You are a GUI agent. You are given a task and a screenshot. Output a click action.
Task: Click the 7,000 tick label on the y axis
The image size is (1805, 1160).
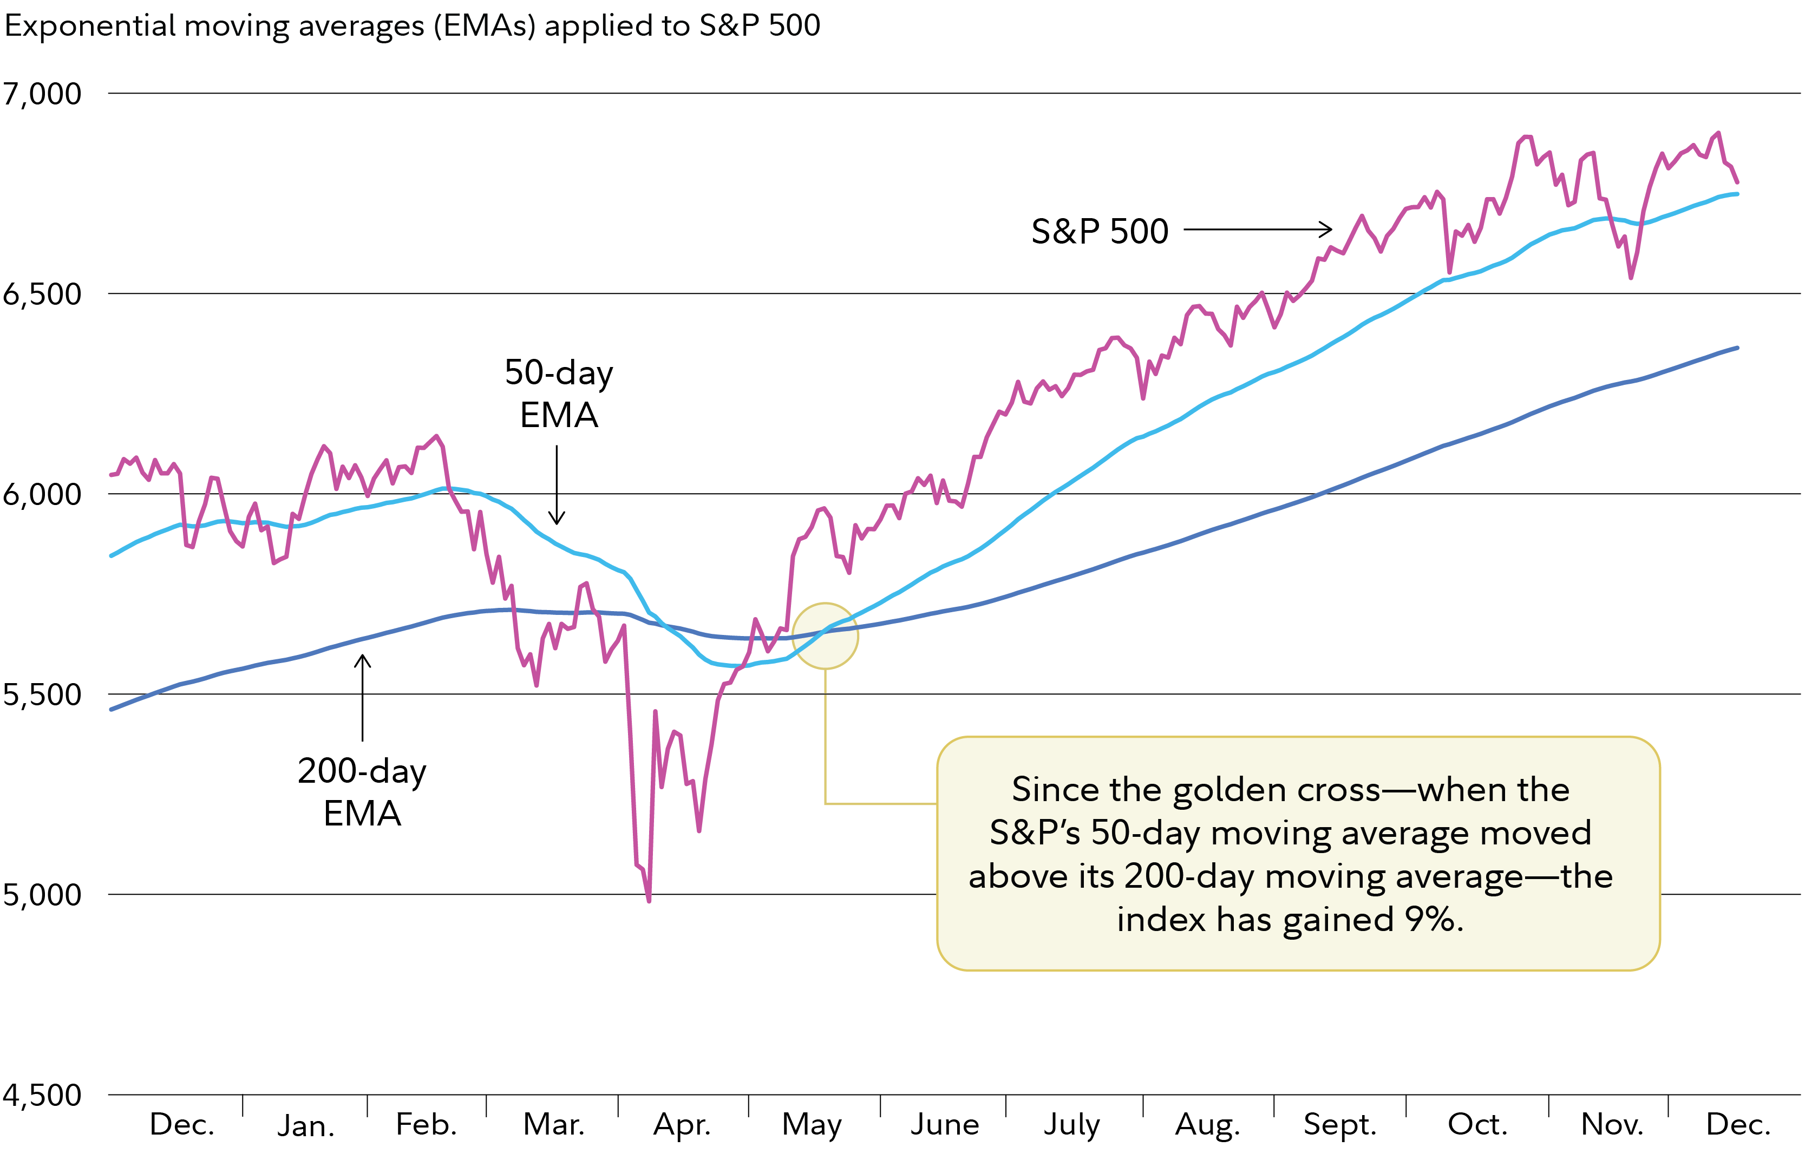coord(42,94)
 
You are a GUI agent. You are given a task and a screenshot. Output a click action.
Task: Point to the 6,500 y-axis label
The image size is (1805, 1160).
coord(42,294)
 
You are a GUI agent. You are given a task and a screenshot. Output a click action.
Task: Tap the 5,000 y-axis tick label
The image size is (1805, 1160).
coord(42,895)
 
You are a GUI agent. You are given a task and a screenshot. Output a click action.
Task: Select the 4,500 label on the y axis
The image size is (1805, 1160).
coord(42,1095)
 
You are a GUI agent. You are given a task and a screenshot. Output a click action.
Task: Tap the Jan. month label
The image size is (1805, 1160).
coord(306,1126)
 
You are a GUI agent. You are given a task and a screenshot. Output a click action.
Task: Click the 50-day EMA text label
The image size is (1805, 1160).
coord(559,393)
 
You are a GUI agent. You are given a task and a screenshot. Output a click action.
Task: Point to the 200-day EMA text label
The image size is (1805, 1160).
coord(362,792)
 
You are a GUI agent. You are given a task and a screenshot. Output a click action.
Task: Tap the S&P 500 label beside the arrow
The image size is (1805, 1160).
coord(1099,231)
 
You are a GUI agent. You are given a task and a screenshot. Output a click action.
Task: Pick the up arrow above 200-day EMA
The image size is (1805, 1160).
coord(362,697)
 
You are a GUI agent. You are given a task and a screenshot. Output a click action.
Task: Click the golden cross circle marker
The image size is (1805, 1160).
coord(825,635)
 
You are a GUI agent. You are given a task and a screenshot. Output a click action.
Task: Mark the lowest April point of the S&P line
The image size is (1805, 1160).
coord(649,900)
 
